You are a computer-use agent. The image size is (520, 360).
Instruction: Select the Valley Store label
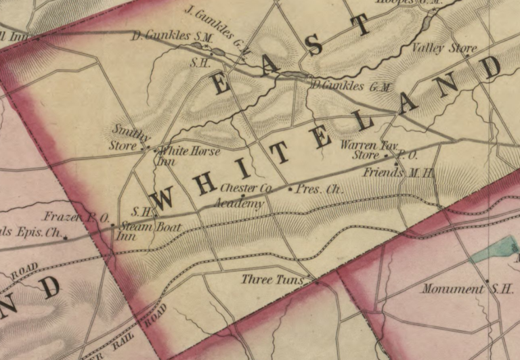point(445,48)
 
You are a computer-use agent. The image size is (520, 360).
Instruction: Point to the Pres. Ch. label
point(319,189)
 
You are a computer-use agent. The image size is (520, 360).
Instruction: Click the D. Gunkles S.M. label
point(170,35)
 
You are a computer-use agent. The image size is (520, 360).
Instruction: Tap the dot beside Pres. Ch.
point(290,189)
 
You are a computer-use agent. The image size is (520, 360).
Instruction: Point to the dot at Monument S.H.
point(487,281)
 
